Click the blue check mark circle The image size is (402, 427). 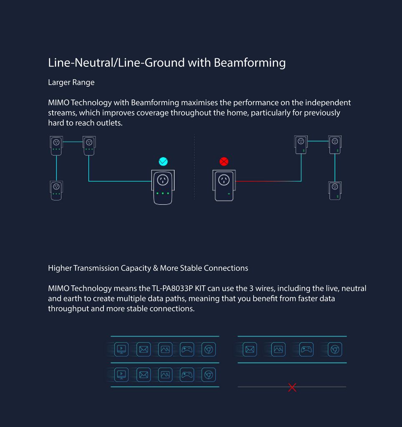[x=163, y=161]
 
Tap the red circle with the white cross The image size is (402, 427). [x=224, y=161]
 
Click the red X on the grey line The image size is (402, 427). [x=292, y=387]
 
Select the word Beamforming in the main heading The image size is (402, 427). [x=250, y=63]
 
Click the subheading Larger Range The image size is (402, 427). [x=71, y=82]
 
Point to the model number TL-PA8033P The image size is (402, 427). [x=172, y=288]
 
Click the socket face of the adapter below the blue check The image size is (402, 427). [x=163, y=180]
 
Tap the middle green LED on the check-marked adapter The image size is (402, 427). [x=163, y=193]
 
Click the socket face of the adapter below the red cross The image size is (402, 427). [x=224, y=180]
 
